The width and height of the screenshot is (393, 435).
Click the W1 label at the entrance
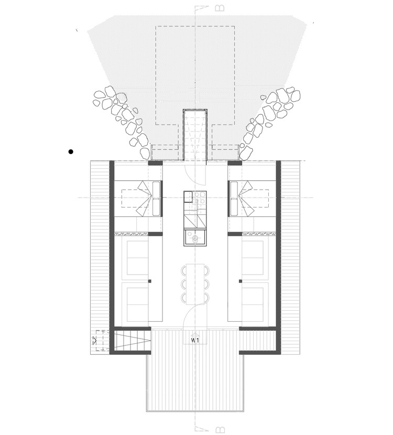click(196, 341)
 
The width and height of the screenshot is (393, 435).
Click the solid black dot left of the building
click(71, 152)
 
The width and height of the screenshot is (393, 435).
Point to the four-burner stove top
click(200, 198)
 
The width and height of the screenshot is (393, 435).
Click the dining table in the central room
click(196, 283)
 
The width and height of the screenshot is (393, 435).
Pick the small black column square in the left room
click(151, 281)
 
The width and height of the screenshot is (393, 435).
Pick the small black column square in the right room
click(242, 281)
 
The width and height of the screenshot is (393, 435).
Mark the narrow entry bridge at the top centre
click(195, 134)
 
